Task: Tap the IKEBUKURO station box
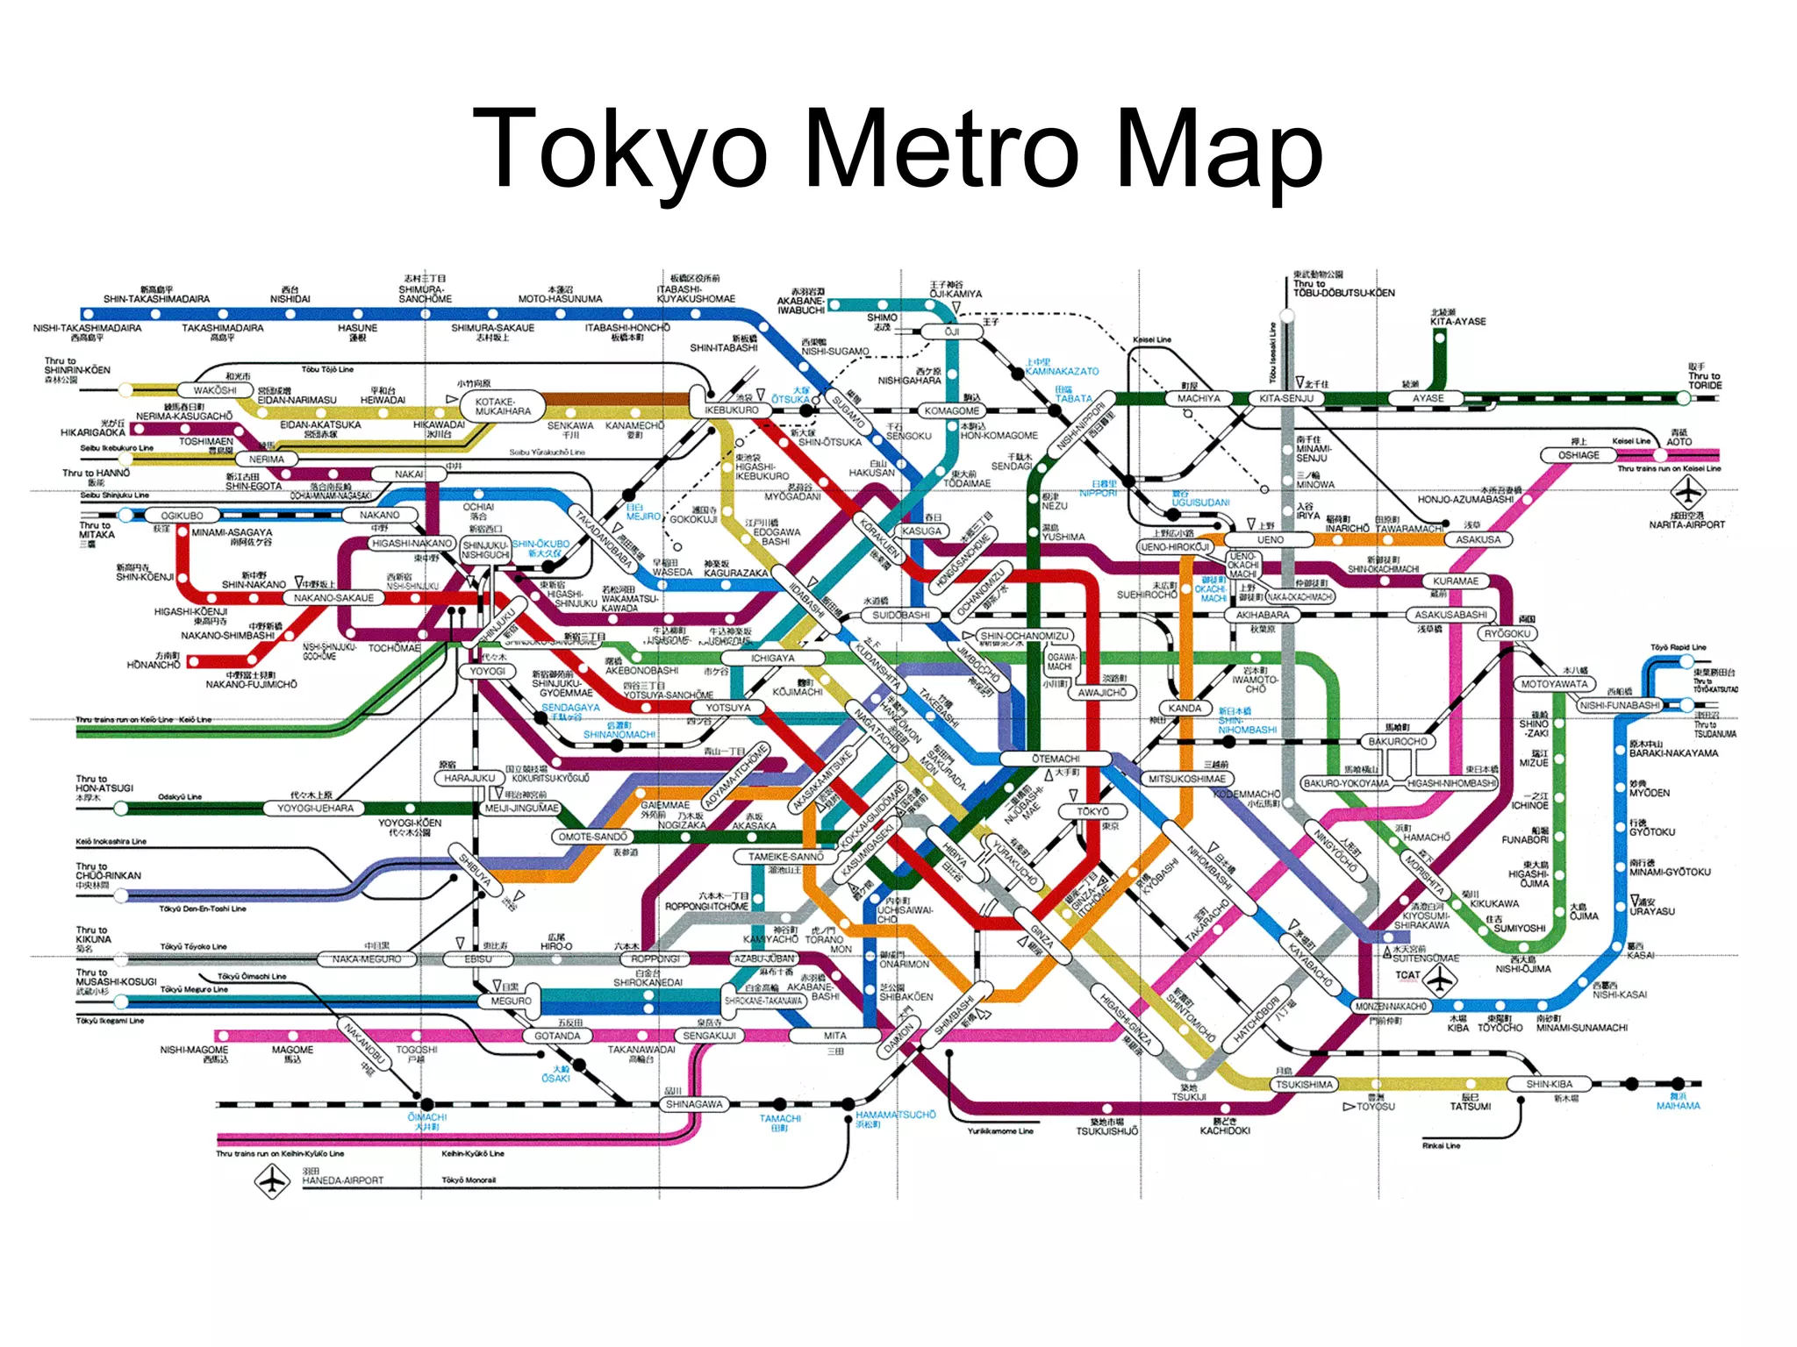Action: tap(732, 410)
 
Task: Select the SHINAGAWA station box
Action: tap(693, 1104)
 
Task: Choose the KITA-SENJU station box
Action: tap(1285, 398)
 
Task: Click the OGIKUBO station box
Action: tap(182, 516)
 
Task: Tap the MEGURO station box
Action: tap(511, 1001)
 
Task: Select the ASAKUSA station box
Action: tap(1478, 539)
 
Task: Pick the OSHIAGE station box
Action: tap(1579, 455)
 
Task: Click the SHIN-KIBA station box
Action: tap(1549, 1084)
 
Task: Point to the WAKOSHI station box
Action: tap(215, 390)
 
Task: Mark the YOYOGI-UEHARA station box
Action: tap(315, 808)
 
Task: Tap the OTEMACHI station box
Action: tap(1056, 759)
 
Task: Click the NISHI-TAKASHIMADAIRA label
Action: tap(88, 328)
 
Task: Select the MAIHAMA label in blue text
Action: tap(1678, 1106)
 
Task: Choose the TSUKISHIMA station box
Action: tap(1304, 1085)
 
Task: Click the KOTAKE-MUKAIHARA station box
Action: tap(503, 406)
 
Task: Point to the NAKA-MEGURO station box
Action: tap(367, 959)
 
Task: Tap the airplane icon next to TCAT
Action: tap(1441, 980)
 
